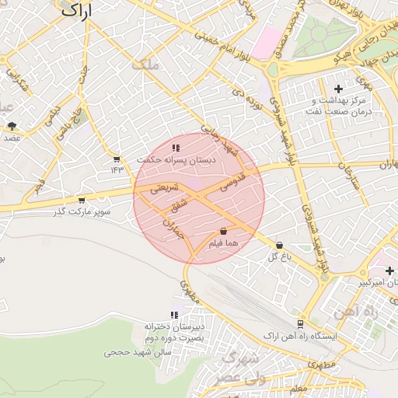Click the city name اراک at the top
74,11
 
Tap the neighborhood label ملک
146,66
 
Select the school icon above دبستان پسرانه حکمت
176,147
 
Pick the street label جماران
173,226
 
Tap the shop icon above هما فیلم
224,231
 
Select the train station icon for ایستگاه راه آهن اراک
301,323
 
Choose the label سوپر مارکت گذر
82,211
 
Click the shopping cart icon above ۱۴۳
117,159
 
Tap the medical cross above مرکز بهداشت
337,89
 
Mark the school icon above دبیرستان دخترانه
174,315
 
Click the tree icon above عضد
12,124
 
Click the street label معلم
298,388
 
